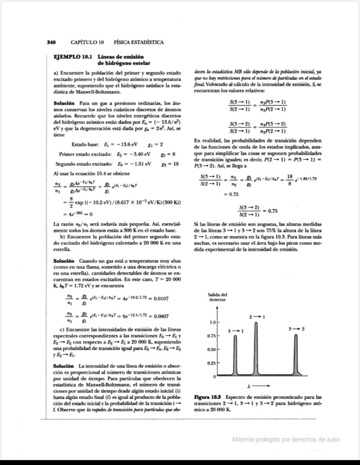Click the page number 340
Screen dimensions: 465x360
pos(51,42)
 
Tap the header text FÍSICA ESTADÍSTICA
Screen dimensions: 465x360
pos(138,42)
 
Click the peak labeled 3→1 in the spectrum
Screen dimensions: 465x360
pos(235,355)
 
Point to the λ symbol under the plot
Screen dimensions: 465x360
pos(249,386)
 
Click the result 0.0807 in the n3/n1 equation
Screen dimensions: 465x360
pos(158,316)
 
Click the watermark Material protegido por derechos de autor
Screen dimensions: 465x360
pos(286,440)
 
